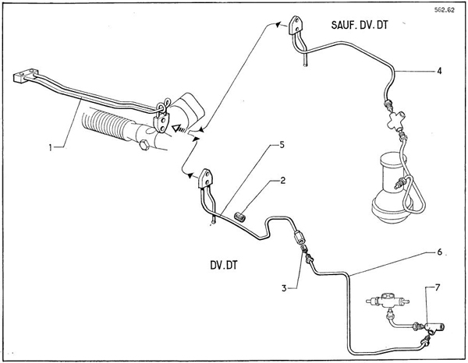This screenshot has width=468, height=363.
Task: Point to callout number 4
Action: click(441, 72)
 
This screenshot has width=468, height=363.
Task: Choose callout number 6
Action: click(441, 252)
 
